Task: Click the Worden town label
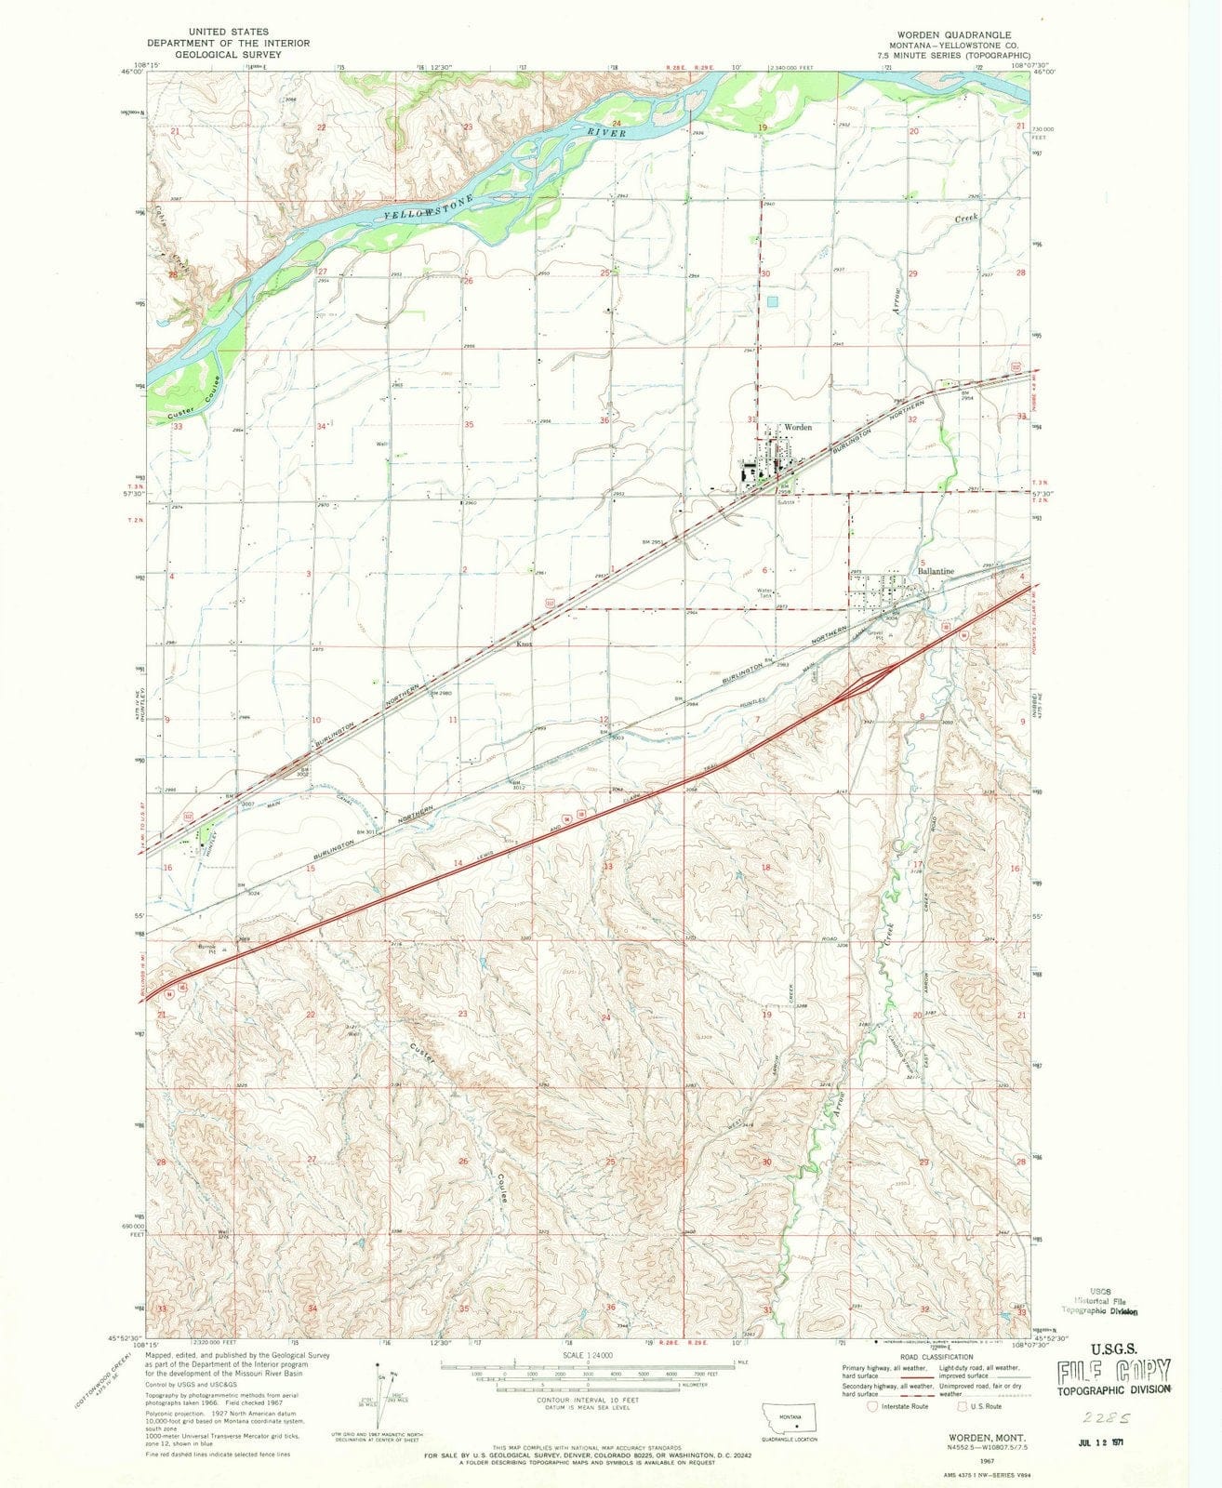(x=799, y=428)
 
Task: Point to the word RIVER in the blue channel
(x=605, y=135)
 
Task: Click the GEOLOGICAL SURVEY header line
(x=227, y=55)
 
